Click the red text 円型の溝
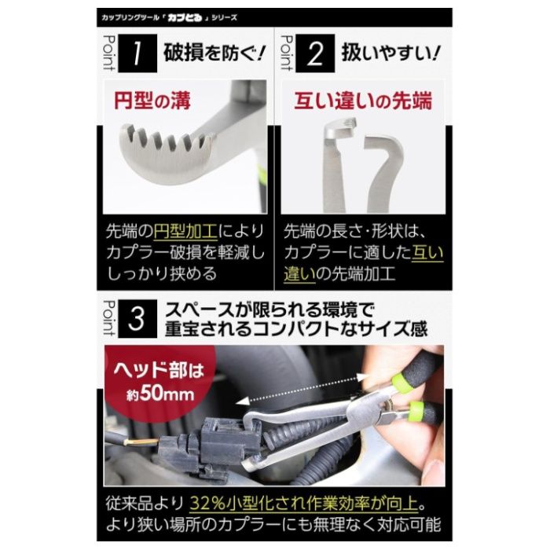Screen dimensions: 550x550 click(x=155, y=101)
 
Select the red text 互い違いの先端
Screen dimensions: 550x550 click(x=363, y=101)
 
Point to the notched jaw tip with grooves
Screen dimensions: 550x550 click(x=169, y=145)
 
